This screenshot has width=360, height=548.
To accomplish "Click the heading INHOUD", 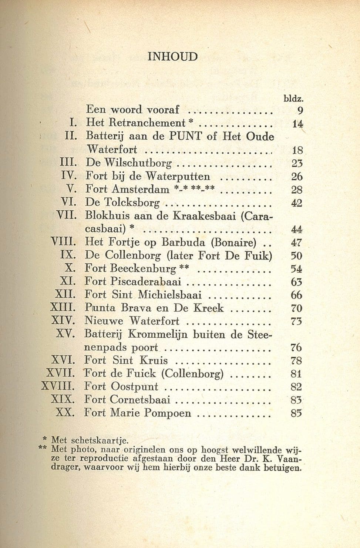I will [172, 57].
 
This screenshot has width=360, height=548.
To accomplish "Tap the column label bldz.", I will [293, 99].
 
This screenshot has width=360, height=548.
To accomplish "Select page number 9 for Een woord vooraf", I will [300, 110].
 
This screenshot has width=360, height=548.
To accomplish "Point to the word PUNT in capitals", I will [186, 136].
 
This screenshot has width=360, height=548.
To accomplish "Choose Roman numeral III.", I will [68, 163].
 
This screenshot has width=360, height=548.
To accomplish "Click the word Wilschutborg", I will [138, 163].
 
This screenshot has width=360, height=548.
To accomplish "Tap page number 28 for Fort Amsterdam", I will [297, 190].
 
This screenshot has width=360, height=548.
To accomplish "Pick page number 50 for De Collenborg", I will [297, 255].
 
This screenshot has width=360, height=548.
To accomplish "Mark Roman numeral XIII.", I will [63, 308].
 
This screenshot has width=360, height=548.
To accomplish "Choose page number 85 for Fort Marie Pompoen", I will [296, 413].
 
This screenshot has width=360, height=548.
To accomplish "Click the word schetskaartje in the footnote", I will [99, 441].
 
